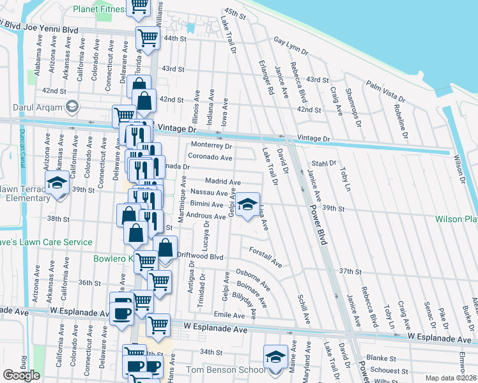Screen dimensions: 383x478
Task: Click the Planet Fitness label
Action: click(99, 9)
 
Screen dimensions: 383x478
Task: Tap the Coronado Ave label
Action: click(210, 157)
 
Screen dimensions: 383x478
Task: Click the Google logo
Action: click(21, 375)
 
